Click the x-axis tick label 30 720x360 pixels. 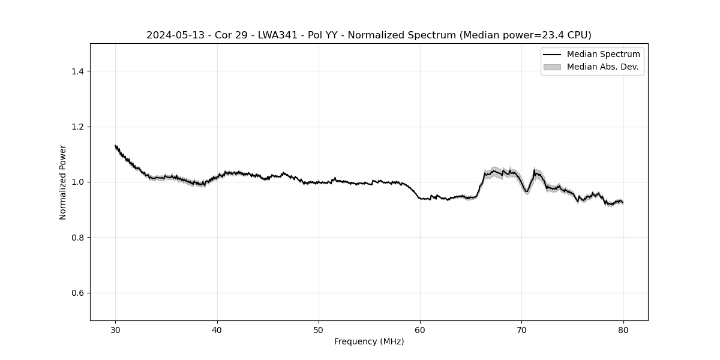point(116,329)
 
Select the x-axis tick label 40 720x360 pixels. point(217,329)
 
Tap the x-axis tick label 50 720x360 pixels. point(319,329)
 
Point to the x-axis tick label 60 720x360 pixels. point(420,329)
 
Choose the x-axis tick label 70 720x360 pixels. point(521,329)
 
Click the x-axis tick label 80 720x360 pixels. point(623,329)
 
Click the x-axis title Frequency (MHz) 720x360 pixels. point(369,341)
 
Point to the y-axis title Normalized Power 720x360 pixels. point(62,182)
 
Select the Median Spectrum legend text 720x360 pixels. point(603,55)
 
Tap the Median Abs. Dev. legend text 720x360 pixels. point(602,67)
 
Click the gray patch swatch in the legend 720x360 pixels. point(552,67)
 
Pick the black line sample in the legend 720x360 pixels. point(552,55)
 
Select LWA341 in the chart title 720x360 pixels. point(278,35)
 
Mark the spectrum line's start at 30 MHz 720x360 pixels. point(116,145)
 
